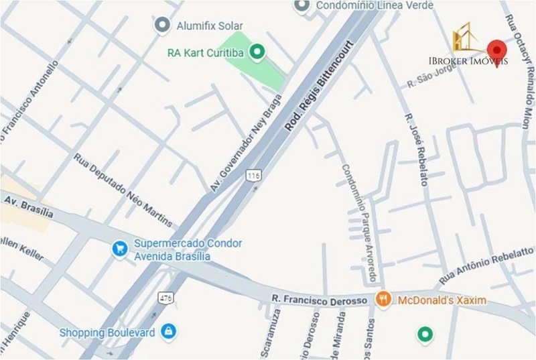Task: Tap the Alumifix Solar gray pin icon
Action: pyautogui.click(x=161, y=26)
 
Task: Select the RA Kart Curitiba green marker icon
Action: pyautogui.click(x=257, y=52)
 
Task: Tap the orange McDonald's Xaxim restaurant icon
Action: pyautogui.click(x=383, y=300)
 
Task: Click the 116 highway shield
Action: pyautogui.click(x=253, y=175)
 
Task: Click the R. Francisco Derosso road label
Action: pyautogui.click(x=320, y=300)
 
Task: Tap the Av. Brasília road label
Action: pyautogui.click(x=29, y=206)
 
